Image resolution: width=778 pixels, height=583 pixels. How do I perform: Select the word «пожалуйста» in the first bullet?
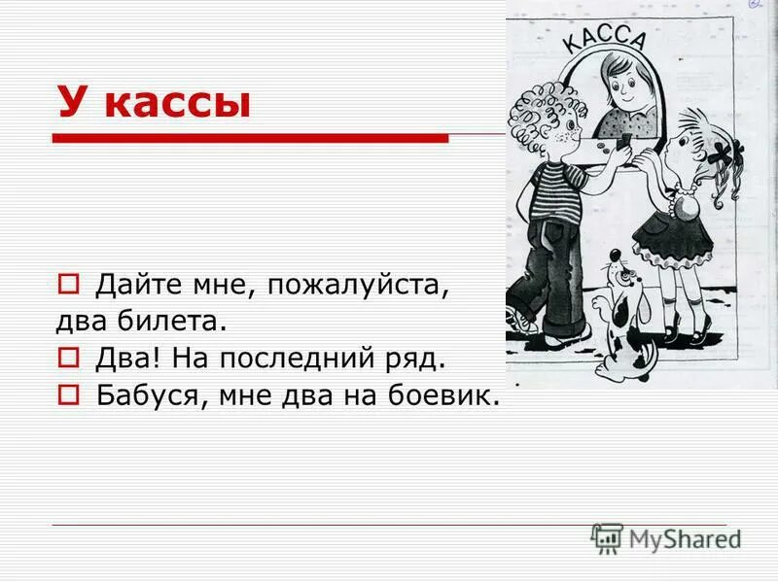coord(360,286)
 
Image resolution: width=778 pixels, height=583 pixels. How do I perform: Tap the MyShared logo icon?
coord(607,538)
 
